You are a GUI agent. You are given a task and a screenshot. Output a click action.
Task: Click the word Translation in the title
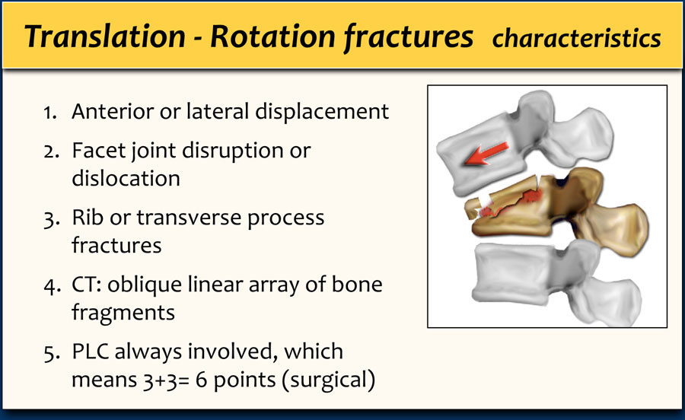(105, 36)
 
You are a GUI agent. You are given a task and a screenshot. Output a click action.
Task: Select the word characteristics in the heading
(576, 38)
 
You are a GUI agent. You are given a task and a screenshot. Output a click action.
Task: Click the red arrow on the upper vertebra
(486, 154)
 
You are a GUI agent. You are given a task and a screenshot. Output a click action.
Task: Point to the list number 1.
(49, 113)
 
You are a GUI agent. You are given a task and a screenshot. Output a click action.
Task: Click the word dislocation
(126, 178)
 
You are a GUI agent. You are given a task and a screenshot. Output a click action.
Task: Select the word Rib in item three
(88, 217)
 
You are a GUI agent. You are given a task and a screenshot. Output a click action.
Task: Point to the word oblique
(145, 285)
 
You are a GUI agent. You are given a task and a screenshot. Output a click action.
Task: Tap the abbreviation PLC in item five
(91, 352)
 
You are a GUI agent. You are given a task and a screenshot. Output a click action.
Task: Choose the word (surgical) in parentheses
(328, 380)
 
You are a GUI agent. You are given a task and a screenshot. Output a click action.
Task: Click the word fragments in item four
(123, 313)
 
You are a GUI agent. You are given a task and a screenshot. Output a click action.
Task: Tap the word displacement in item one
(322, 112)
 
